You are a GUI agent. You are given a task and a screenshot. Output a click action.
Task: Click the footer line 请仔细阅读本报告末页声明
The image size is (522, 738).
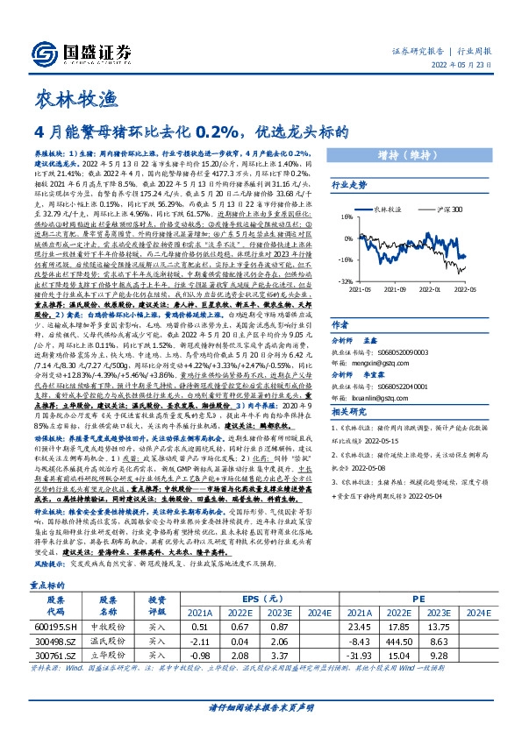click(x=261, y=706)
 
